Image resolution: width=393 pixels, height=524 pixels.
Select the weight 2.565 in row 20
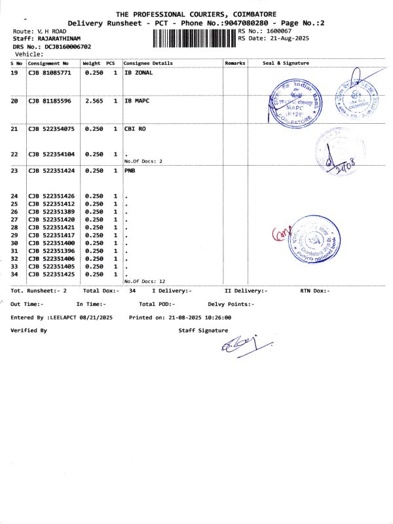[94, 102]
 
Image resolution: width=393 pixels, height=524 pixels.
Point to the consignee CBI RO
[135, 130]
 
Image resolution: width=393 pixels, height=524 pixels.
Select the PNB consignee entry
[130, 170]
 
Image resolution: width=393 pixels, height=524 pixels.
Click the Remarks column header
[234, 63]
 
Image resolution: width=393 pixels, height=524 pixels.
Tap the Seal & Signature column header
[286, 63]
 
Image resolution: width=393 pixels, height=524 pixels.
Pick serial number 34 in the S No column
[14, 274]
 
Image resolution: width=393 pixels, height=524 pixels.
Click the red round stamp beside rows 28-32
[316, 240]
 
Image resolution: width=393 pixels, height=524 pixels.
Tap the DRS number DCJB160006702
[68, 47]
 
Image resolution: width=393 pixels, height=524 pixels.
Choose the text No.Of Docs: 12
[145, 281]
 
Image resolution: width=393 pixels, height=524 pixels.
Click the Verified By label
[29, 331]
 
